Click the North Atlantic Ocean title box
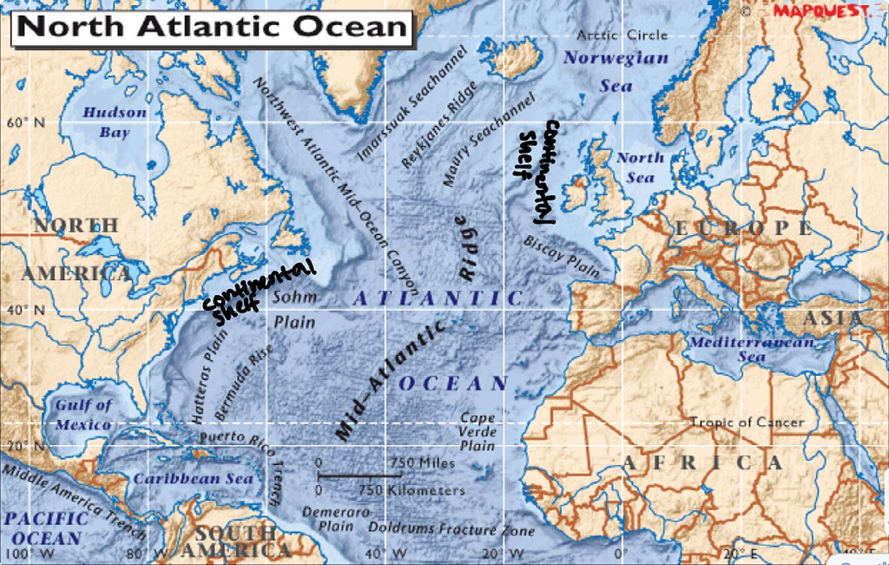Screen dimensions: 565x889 click(213, 27)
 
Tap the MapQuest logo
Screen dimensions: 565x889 click(819, 11)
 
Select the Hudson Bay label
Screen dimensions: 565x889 click(115, 122)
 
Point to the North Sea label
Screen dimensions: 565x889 click(640, 168)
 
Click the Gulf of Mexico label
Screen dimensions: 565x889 click(83, 415)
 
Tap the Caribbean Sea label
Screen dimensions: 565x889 click(193, 479)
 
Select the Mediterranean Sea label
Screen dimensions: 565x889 click(752, 349)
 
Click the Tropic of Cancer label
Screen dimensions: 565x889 click(747, 423)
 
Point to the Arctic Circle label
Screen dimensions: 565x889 click(622, 35)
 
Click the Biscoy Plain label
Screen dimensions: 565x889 click(563, 255)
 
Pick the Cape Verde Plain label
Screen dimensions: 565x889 click(477, 431)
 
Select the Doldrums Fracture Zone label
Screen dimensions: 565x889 click(451, 528)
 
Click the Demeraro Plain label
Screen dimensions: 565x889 click(327, 518)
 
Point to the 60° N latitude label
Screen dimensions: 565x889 click(25, 122)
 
